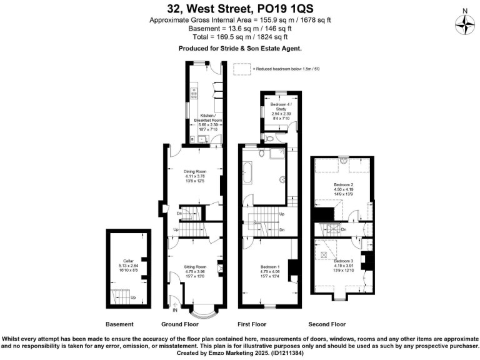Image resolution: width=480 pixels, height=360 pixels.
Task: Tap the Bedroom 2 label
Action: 344,186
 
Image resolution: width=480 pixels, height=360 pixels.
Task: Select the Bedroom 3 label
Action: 343,261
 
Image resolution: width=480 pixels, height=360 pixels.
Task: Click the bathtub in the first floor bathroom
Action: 247,172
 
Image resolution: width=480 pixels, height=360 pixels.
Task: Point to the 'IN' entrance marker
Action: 175,309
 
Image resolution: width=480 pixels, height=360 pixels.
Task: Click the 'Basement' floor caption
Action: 119,324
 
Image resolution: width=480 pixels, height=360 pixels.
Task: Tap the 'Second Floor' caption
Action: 327,324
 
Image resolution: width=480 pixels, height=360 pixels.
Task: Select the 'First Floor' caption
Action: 252,324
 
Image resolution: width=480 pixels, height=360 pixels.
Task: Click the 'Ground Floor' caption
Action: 180,324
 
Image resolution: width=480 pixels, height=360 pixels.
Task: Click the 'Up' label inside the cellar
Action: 133,297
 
